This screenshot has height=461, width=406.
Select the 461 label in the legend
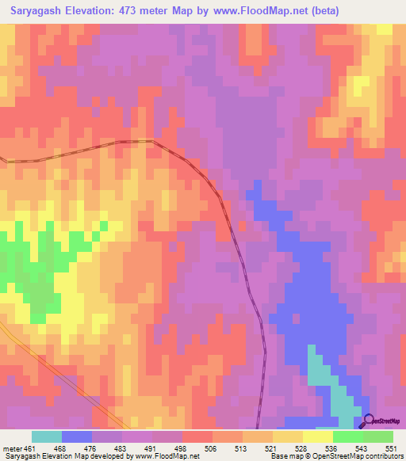(x=29, y=448)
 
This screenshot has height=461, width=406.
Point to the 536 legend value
(x=334, y=448)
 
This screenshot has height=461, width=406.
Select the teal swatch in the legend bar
(x=47, y=436)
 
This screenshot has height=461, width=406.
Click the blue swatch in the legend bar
(x=77, y=436)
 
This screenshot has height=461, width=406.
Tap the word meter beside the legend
(x=11, y=448)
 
